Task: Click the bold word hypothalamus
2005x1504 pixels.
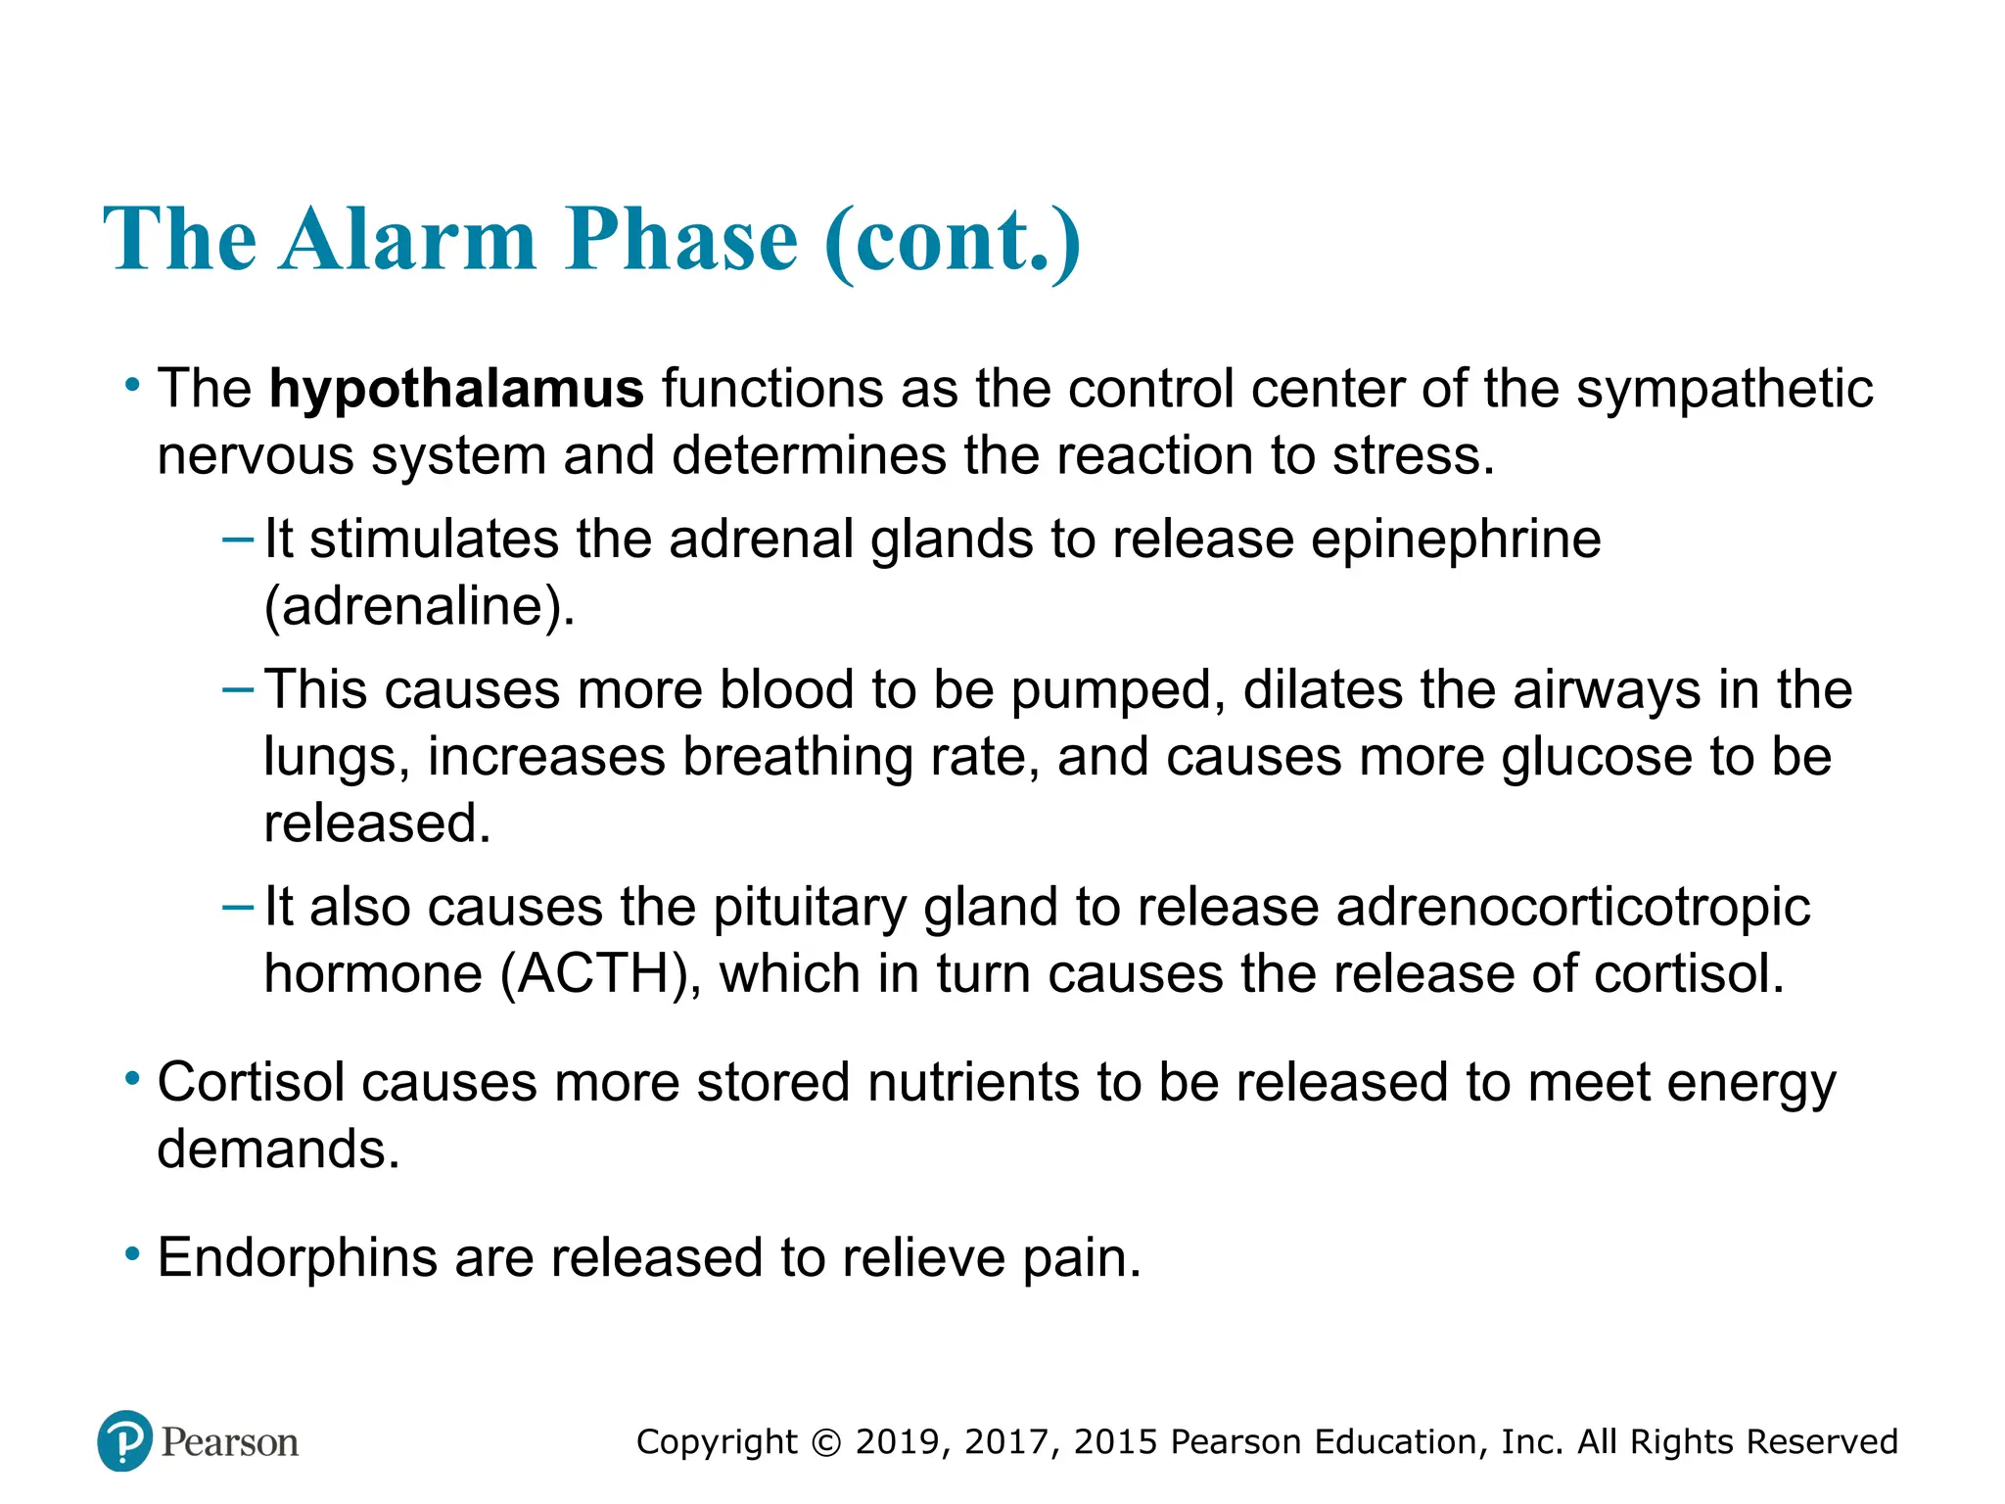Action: [x=456, y=389]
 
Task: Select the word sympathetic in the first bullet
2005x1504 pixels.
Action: [x=1724, y=389]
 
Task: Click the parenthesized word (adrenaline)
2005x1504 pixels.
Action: [x=419, y=607]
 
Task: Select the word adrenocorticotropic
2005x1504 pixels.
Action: [x=1573, y=907]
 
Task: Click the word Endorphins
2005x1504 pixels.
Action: [x=297, y=1258]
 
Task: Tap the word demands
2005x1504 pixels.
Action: [x=278, y=1149]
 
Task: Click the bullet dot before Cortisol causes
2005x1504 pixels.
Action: [x=132, y=1080]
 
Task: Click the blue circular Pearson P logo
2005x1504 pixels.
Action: [x=125, y=1440]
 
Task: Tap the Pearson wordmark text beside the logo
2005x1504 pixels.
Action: [x=230, y=1442]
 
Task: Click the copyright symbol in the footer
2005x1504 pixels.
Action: [x=826, y=1442]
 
